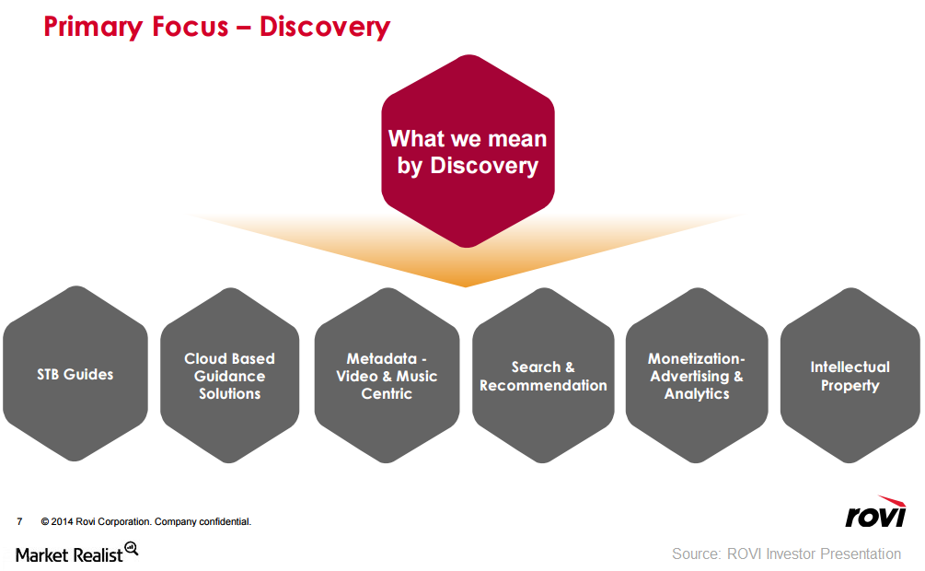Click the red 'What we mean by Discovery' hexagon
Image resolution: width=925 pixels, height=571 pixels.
[x=468, y=151]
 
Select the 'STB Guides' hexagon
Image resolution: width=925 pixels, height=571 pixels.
[x=75, y=374]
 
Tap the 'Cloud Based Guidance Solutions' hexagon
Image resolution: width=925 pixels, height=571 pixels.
[x=229, y=376]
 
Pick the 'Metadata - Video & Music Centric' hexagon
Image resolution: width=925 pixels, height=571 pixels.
[x=387, y=376]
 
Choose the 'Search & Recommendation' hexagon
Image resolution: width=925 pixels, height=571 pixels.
[x=543, y=376]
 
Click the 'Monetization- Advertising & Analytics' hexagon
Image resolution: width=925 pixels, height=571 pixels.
[x=697, y=376]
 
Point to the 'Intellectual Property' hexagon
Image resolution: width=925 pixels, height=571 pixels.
[x=850, y=376]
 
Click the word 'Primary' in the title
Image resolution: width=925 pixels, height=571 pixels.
[x=93, y=28]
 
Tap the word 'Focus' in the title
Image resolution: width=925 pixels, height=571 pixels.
[x=190, y=27]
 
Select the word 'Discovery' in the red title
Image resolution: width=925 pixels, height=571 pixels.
[x=325, y=28]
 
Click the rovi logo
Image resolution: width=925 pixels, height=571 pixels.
[x=875, y=511]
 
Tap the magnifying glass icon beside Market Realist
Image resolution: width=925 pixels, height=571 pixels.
[x=132, y=549]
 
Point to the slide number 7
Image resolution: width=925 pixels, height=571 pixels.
[x=19, y=521]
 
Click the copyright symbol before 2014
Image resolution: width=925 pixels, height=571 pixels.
[x=45, y=521]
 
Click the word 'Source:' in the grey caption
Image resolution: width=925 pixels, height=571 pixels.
[x=696, y=554]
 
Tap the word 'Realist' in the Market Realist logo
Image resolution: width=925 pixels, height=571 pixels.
[x=98, y=555]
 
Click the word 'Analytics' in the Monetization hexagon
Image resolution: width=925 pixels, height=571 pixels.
[x=697, y=394]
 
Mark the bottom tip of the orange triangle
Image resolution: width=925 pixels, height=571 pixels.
[x=466, y=287]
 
